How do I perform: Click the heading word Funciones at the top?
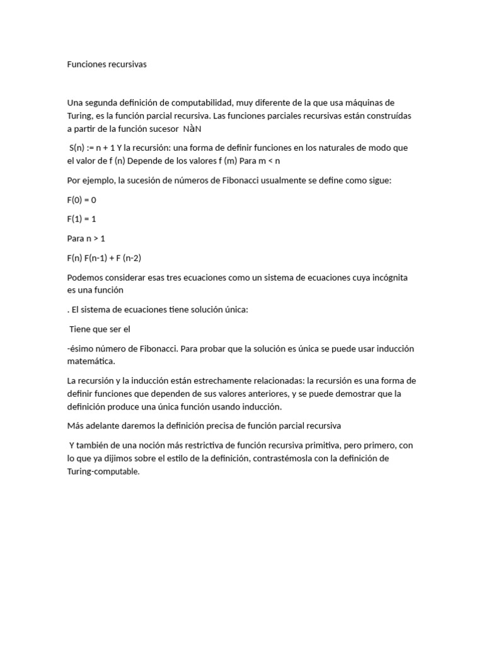[88, 64]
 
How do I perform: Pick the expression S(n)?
[79, 148]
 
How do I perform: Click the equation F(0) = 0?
[82, 200]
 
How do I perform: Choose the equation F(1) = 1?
[82, 219]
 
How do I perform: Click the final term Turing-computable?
[102, 471]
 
